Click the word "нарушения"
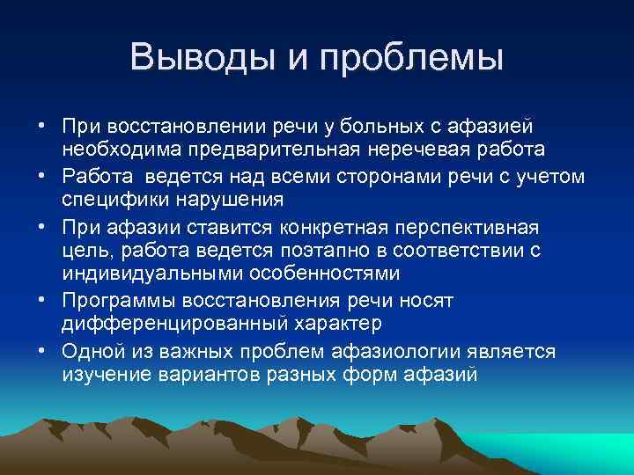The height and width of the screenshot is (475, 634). pyautogui.click(x=231, y=199)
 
